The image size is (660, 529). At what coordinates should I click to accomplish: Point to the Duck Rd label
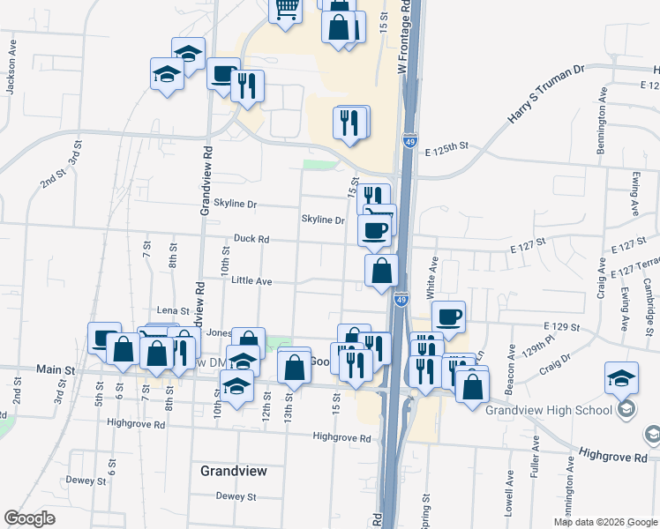click(251, 238)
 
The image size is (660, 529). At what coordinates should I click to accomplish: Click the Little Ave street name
click(251, 280)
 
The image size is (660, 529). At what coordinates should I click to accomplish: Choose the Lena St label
click(173, 310)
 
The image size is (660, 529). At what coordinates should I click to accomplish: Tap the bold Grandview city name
click(233, 471)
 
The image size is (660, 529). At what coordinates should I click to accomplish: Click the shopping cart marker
click(286, 9)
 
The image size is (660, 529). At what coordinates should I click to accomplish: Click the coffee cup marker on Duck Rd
click(374, 230)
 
